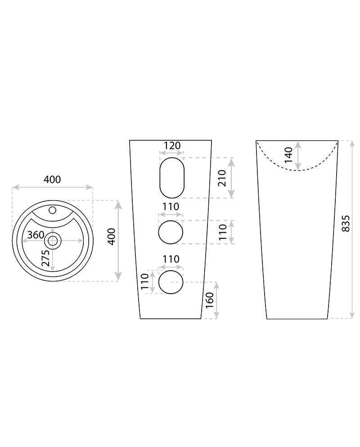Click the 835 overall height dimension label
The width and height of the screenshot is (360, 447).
tap(345, 223)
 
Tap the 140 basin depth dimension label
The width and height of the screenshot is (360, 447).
tap(288, 155)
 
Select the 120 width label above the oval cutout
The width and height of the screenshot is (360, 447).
tap(172, 145)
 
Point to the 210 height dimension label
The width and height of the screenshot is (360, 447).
tap(222, 178)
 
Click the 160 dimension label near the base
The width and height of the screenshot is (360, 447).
tap(209, 300)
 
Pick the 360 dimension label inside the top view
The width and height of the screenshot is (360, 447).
tap(36, 235)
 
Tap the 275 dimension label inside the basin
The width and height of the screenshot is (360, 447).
tap(45, 258)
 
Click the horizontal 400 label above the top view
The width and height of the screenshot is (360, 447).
tap(52, 179)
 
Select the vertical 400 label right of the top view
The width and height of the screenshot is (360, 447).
tap(112, 237)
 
